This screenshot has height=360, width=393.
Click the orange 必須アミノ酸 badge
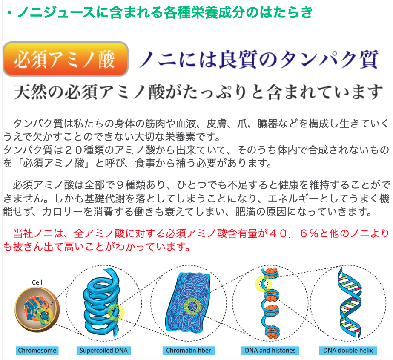(x=66, y=59)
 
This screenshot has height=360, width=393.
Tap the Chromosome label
(x=37, y=351)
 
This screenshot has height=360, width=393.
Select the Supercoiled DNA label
(x=103, y=351)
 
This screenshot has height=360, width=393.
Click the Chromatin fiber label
(x=189, y=351)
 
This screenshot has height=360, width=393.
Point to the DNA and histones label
(x=270, y=351)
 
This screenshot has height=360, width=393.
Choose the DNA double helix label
(x=348, y=351)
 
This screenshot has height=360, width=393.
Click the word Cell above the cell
(x=37, y=282)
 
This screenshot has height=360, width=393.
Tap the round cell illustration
(x=37, y=310)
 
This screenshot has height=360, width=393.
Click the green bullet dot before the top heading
(x=9, y=12)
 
